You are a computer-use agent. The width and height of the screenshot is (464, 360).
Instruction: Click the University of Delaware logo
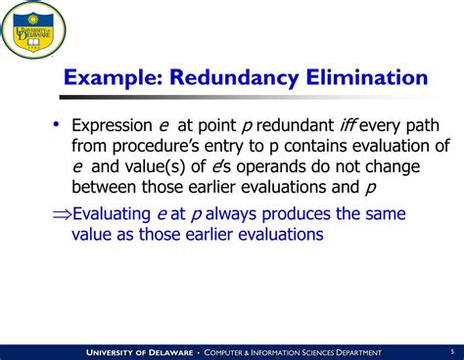pos(34,30)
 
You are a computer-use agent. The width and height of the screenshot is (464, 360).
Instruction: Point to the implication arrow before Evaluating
pos(62,214)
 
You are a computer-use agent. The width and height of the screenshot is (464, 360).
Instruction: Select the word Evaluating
pos(116,214)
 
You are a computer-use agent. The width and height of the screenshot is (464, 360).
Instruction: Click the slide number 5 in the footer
pos(450,350)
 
